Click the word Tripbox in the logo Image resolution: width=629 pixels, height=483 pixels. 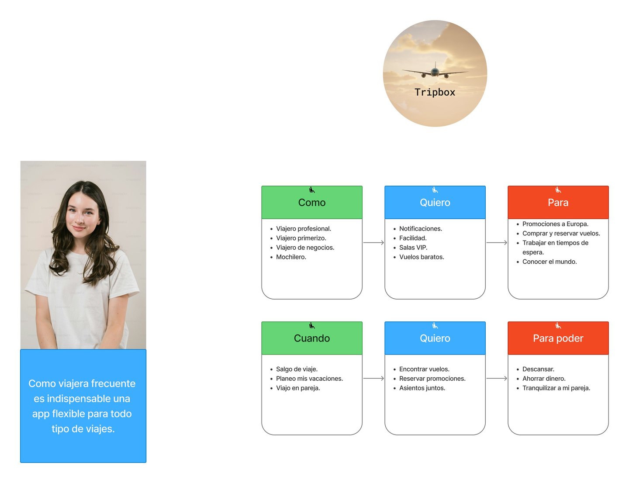click(435, 92)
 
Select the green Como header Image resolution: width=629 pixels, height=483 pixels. click(312, 203)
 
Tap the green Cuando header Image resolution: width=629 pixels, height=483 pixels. click(312, 338)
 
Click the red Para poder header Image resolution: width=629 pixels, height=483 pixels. click(558, 338)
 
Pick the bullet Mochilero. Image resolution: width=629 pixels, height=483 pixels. click(291, 257)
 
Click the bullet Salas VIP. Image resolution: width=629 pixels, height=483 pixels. click(413, 248)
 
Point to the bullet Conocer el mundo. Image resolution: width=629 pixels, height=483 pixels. click(550, 262)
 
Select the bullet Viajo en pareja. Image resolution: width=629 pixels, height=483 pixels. click(298, 388)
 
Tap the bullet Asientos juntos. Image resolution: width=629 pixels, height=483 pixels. click(422, 388)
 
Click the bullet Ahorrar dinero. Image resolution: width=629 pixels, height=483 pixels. click(544, 379)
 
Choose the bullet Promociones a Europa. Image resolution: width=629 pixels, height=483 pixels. click(555, 224)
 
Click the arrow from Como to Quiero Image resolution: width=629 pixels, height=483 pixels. click(373, 242)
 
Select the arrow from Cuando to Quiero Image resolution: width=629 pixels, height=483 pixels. click(373, 378)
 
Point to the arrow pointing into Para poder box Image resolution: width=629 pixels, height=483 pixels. click(497, 378)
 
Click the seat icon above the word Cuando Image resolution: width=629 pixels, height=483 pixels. click(312, 326)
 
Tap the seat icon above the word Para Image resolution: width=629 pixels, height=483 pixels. click(558, 190)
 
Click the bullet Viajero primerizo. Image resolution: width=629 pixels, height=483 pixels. click(301, 238)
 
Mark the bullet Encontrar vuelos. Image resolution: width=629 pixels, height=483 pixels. click(424, 369)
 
